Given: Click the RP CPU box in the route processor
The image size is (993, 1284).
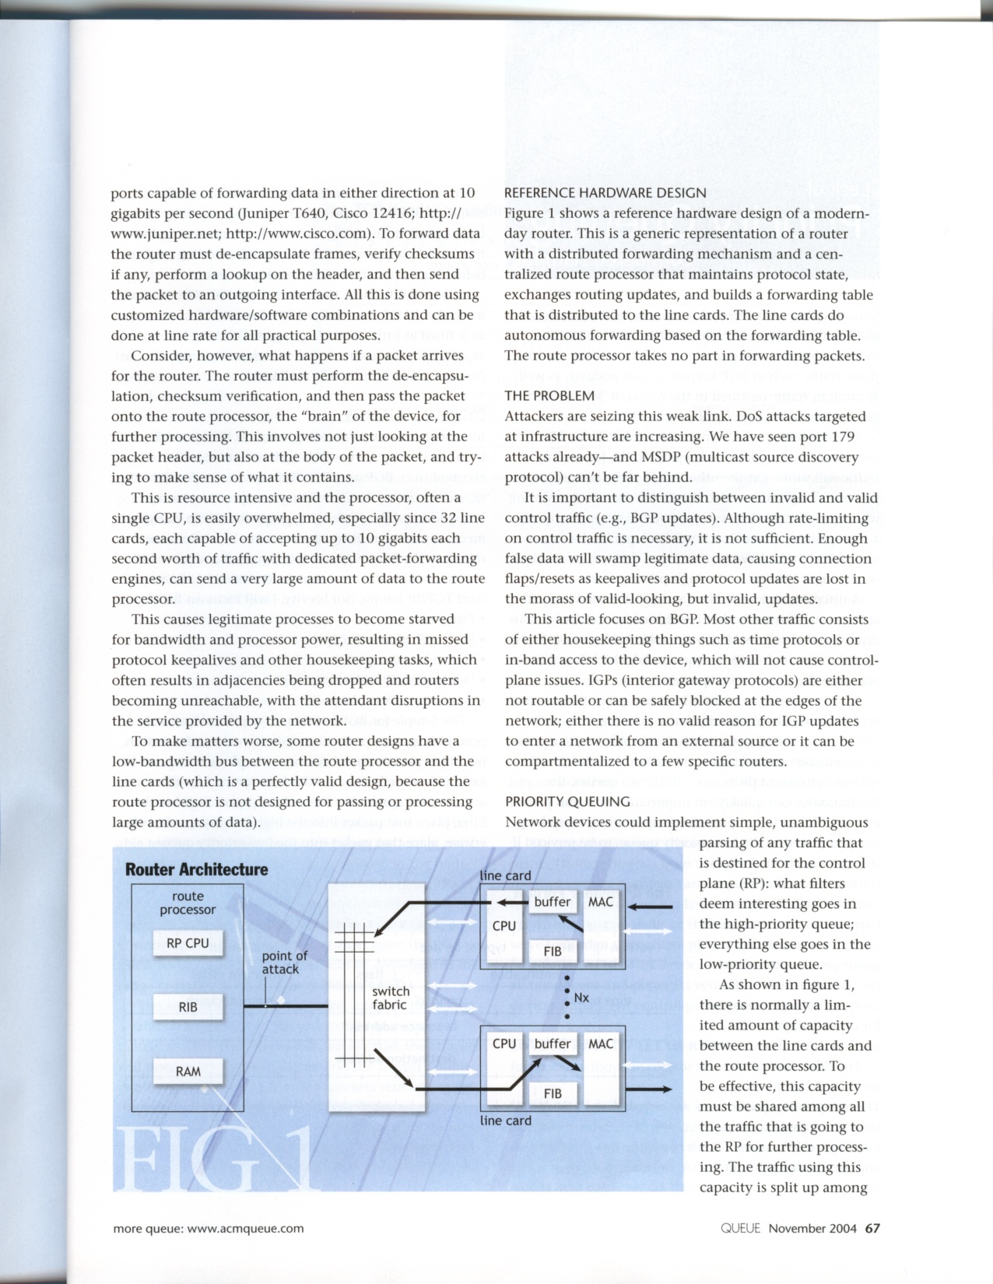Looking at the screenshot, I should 188,943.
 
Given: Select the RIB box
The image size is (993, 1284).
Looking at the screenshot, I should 188,1007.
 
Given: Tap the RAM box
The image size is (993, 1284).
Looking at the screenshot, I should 188,1072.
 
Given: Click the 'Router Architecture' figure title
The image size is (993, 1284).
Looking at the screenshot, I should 196,869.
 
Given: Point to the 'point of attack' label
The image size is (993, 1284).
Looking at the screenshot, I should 284,963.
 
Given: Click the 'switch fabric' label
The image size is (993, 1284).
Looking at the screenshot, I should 390,998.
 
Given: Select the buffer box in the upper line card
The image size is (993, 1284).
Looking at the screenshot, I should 553,902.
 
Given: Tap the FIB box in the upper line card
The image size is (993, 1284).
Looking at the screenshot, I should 553,951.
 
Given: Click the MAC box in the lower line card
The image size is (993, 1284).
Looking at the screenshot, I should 600,1044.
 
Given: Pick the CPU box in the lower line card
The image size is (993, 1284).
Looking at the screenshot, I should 504,1044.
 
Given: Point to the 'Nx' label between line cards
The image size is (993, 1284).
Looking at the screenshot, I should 581,998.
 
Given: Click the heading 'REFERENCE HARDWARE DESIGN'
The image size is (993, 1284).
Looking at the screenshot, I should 605,193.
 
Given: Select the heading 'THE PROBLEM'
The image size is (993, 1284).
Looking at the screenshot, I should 549,396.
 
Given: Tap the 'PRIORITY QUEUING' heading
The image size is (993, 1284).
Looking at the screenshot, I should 567,802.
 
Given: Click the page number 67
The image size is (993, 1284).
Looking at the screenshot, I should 872,1228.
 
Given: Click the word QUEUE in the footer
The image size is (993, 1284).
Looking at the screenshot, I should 740,1228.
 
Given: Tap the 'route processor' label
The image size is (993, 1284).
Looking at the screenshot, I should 188,903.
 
